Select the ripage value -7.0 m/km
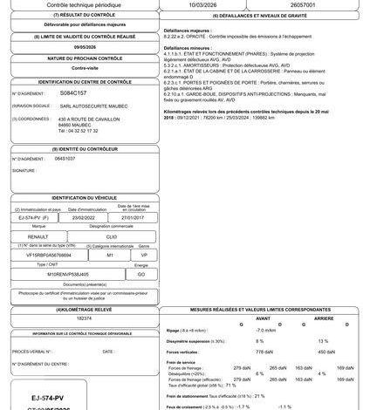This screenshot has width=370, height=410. click(x=266, y=330)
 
